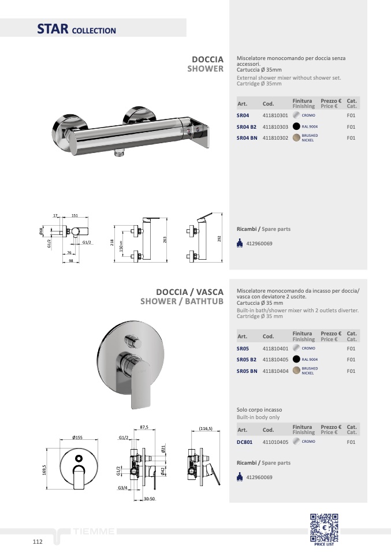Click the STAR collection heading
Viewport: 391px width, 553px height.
coord(77,29)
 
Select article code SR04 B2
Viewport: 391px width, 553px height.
coord(246,127)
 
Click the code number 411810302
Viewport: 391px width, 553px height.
coord(275,138)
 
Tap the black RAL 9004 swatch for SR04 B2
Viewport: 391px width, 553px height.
coord(296,126)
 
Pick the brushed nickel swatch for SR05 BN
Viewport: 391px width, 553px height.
coord(296,371)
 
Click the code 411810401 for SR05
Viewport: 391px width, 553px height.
coord(275,349)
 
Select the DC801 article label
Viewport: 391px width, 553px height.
coord(244,442)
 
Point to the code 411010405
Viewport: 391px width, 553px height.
coord(275,442)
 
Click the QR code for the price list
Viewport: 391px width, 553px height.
coord(324,528)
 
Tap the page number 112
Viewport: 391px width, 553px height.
coord(38,541)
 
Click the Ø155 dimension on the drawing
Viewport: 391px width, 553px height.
coord(77,438)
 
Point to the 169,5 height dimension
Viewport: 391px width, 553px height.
coord(44,470)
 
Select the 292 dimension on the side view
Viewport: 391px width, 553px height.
coord(219,239)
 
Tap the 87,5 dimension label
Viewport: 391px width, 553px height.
coord(144,427)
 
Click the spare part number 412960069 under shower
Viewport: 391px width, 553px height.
coord(259,244)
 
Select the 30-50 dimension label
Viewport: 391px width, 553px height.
coord(149,499)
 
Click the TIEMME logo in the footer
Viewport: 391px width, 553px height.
coord(94,531)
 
